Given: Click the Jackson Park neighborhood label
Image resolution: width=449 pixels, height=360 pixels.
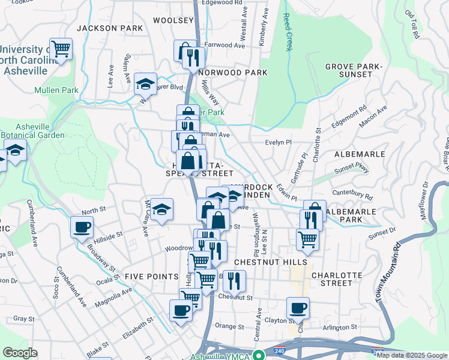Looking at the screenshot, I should tap(110, 28).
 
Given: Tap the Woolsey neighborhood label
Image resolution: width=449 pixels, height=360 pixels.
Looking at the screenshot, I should tap(173, 20).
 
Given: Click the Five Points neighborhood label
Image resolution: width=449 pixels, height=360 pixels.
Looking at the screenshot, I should tap(152, 276).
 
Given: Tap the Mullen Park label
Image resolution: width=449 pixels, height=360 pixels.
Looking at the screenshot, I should tap(56, 91).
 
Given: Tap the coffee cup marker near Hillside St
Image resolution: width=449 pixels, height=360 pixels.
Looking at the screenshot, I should tap(82, 227).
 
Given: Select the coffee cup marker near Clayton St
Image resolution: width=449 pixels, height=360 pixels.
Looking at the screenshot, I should tap(298, 308).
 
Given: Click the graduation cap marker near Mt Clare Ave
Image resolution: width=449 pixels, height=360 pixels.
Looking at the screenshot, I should tap(161, 209).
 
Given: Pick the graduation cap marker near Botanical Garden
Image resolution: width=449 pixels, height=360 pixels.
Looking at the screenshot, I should tap(16, 151).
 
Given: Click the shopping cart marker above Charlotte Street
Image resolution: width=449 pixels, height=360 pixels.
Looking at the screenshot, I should tap(307, 239).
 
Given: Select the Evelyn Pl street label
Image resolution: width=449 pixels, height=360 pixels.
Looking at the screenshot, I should tap(278, 142).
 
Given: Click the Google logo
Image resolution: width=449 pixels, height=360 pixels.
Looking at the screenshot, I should tap(20, 352).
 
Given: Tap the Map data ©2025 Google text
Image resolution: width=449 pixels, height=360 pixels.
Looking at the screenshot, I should tap(412, 355).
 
